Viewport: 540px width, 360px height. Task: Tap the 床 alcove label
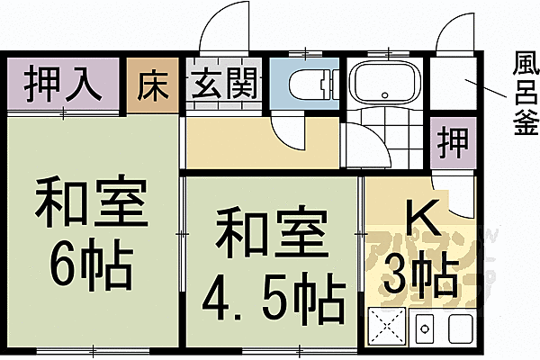pos(148,85)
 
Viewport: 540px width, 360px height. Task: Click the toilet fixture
pos(306,85)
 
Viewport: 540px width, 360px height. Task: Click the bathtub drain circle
pos(384,93)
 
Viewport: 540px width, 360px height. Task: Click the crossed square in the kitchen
pos(388,326)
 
